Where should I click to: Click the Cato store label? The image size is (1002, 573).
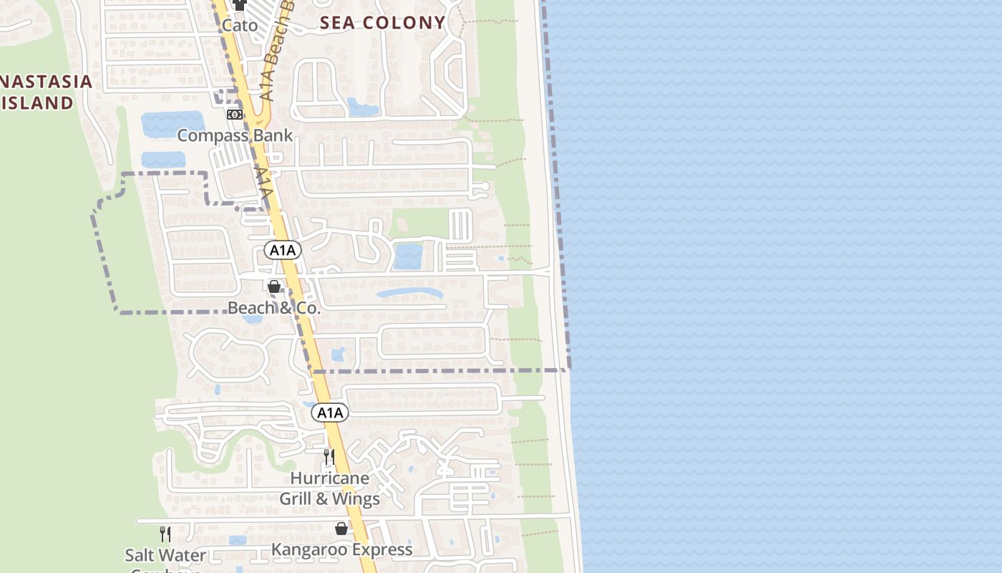point(239,25)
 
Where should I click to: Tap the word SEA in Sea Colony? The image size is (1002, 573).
point(337,23)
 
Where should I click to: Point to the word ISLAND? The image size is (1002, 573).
point(37,102)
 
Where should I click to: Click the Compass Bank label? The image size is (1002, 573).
point(235,135)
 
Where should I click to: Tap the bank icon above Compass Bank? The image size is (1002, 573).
point(234,115)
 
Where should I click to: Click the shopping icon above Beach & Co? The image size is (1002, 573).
point(274,286)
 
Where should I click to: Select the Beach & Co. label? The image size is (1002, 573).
point(274,308)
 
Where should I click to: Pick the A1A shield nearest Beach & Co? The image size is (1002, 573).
point(283,250)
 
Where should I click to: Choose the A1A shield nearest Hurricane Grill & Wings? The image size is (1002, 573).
point(331,413)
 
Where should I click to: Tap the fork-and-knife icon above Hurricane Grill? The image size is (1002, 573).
point(329,456)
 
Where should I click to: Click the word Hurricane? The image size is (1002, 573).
point(330,478)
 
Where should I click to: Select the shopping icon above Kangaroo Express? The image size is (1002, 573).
point(341,529)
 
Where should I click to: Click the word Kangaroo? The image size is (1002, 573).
point(309,549)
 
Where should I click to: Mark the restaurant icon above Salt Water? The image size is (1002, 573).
point(165,534)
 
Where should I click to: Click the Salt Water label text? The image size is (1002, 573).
point(165,555)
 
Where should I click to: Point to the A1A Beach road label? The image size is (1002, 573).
point(276,61)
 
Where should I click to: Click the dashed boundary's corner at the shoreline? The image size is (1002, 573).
point(570,370)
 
